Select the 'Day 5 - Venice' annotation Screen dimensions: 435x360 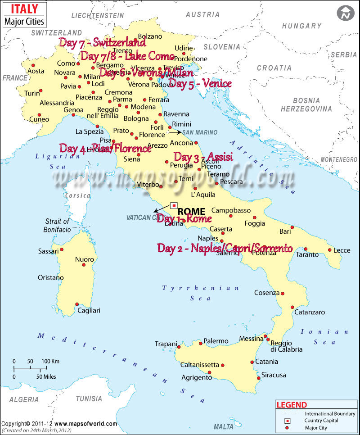200,83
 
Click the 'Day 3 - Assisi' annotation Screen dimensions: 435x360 203,157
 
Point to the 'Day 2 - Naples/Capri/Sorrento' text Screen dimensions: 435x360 225,248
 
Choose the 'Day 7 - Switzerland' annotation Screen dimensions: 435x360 103,42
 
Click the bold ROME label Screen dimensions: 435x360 191,211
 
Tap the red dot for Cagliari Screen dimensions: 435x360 77,304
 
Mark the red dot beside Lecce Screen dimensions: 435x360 329,250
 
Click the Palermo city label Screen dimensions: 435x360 216,341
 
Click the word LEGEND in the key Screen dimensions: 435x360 292,405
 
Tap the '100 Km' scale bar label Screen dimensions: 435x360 51,362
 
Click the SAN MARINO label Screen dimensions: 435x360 199,132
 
